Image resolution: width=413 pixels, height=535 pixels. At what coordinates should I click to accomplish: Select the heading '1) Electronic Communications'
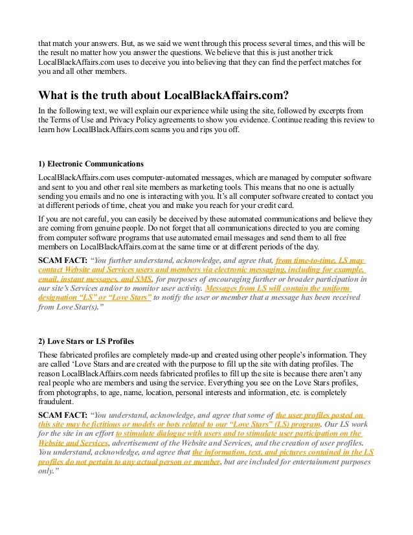[91, 163]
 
